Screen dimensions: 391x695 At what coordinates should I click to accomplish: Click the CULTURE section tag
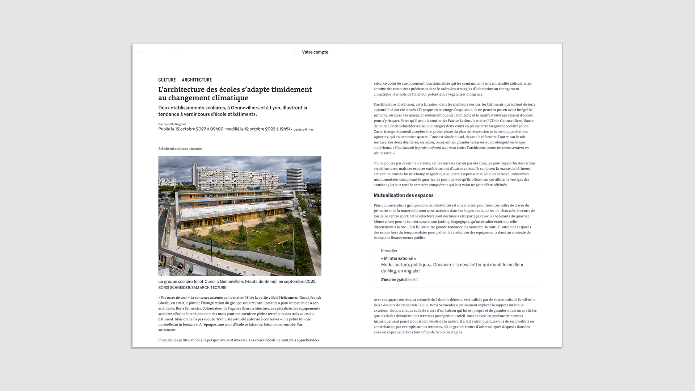point(167,80)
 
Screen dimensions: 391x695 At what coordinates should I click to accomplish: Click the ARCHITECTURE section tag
point(197,80)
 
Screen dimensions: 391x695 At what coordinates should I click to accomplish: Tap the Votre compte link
point(315,52)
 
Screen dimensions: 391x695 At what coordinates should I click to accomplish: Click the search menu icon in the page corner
point(141,52)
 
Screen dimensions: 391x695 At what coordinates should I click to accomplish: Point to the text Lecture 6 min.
point(303,130)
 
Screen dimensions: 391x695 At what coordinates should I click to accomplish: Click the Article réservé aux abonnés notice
point(180,149)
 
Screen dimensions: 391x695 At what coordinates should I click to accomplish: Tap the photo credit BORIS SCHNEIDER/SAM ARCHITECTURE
point(192,288)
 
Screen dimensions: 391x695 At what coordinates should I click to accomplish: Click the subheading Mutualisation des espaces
point(403,195)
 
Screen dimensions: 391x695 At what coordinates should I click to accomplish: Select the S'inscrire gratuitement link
point(399,280)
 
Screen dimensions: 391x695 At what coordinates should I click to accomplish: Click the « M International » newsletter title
point(399,258)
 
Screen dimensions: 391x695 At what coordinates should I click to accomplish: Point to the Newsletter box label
point(389,251)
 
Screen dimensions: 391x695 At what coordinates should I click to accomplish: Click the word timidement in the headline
point(291,90)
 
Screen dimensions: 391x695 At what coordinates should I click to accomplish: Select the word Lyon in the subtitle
point(275,108)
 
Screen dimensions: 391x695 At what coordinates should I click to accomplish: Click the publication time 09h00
point(217,129)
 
